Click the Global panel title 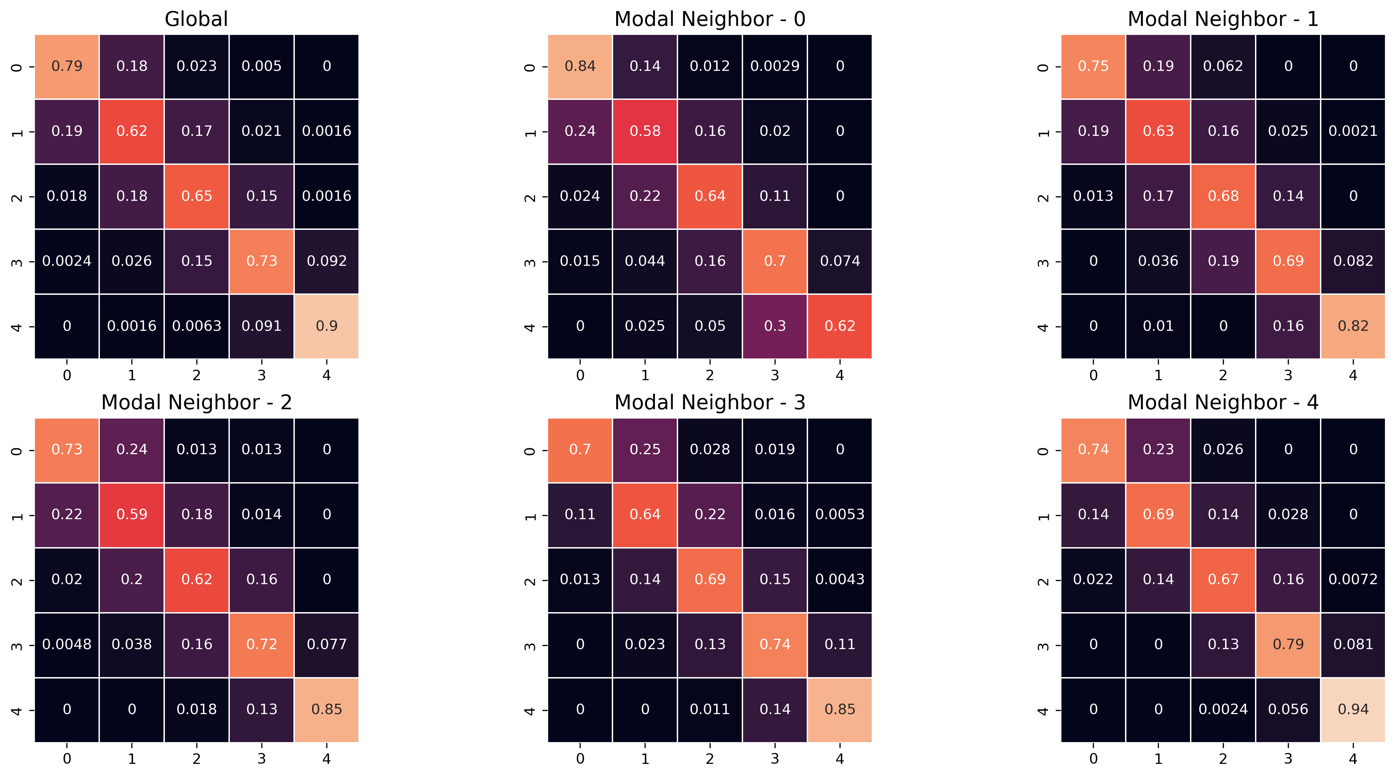196,19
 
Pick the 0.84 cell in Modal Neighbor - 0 580,66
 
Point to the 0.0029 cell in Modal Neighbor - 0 775,66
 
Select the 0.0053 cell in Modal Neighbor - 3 840,514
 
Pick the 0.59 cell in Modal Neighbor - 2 132,514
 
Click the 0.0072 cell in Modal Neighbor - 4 1353,579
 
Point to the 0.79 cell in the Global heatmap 67,66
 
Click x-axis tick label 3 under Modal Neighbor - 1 1287,375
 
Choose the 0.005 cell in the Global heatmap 261,66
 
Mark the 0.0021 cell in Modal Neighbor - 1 1353,131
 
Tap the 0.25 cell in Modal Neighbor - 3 644,449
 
